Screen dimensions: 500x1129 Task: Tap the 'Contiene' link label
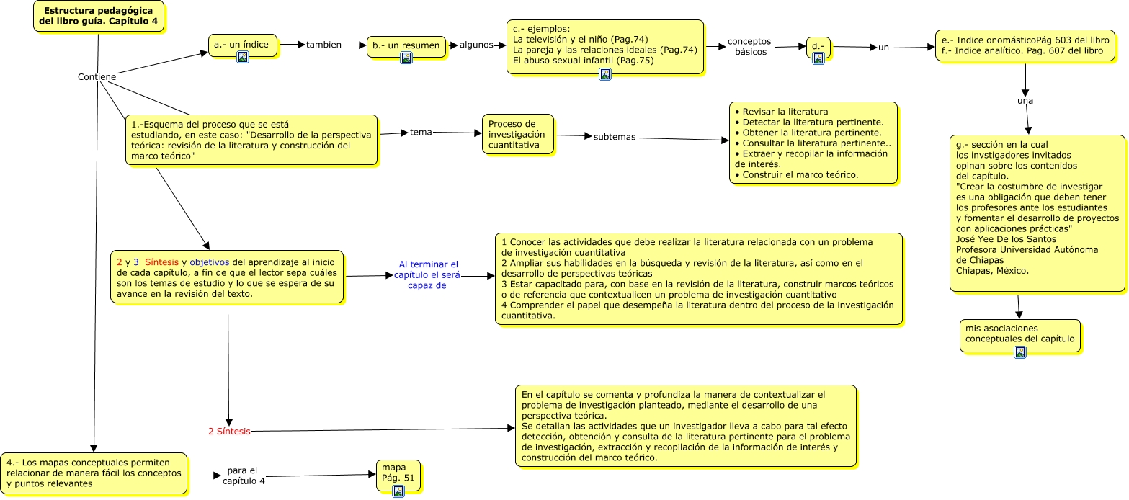pyautogui.click(x=97, y=77)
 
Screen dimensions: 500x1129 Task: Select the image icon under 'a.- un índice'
pyautogui.click(x=243, y=57)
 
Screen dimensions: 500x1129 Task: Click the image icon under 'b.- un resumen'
pyautogui.click(x=406, y=58)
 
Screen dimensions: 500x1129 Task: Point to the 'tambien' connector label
pyautogui.click(x=323, y=45)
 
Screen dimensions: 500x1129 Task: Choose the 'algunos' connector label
pyautogui.click(x=476, y=45)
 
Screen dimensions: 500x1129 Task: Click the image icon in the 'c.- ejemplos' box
pyautogui.click(x=605, y=73)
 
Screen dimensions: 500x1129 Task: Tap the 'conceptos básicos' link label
pyautogui.click(x=749, y=46)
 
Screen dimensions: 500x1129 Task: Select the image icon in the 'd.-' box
pyautogui.click(x=818, y=58)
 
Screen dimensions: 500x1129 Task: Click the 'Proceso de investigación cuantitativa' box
pyautogui.click(x=518, y=134)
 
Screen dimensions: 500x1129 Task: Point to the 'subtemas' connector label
pyautogui.click(x=615, y=137)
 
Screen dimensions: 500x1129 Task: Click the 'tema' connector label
pyautogui.click(x=421, y=133)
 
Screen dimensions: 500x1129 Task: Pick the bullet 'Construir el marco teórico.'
pyautogui.click(x=795, y=175)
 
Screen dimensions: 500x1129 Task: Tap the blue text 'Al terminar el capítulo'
pyautogui.click(x=428, y=274)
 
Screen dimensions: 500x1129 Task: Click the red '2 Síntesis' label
pyautogui.click(x=229, y=432)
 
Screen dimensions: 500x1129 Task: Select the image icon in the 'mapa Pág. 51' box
pyautogui.click(x=398, y=491)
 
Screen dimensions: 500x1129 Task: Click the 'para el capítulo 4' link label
pyautogui.click(x=243, y=476)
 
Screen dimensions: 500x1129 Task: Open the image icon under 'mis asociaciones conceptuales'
pyautogui.click(x=1019, y=352)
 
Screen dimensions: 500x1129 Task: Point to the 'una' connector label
pyautogui.click(x=1025, y=101)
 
